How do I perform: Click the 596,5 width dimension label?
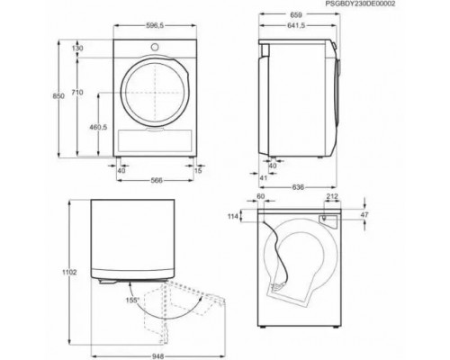tap(155, 26)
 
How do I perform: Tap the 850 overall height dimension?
tap(58, 96)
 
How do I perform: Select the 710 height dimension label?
tap(77, 93)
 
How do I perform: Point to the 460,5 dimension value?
tap(98, 127)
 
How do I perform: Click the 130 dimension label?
tap(77, 48)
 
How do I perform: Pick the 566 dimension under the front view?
tap(157, 180)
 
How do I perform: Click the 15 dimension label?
tap(198, 171)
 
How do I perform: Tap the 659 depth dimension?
tap(296, 14)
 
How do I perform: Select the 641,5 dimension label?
tap(296, 26)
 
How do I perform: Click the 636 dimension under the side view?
tap(298, 187)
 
